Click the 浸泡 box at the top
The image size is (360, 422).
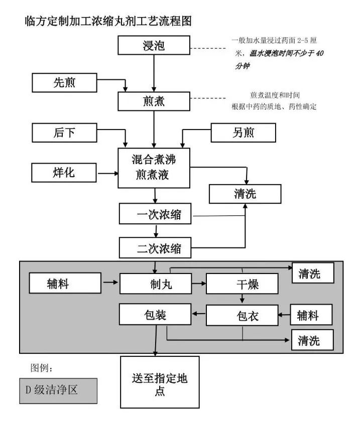[154, 46]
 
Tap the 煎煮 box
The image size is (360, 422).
[154, 101]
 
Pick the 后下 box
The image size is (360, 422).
[64, 132]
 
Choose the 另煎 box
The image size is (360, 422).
[244, 132]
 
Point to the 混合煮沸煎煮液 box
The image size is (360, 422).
[154, 168]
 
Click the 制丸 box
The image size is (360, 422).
[156, 284]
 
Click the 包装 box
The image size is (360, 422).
[156, 315]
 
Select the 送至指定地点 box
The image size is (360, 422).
[160, 384]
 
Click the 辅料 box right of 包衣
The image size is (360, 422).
[313, 316]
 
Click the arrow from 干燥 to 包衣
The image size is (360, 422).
[242, 300]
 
